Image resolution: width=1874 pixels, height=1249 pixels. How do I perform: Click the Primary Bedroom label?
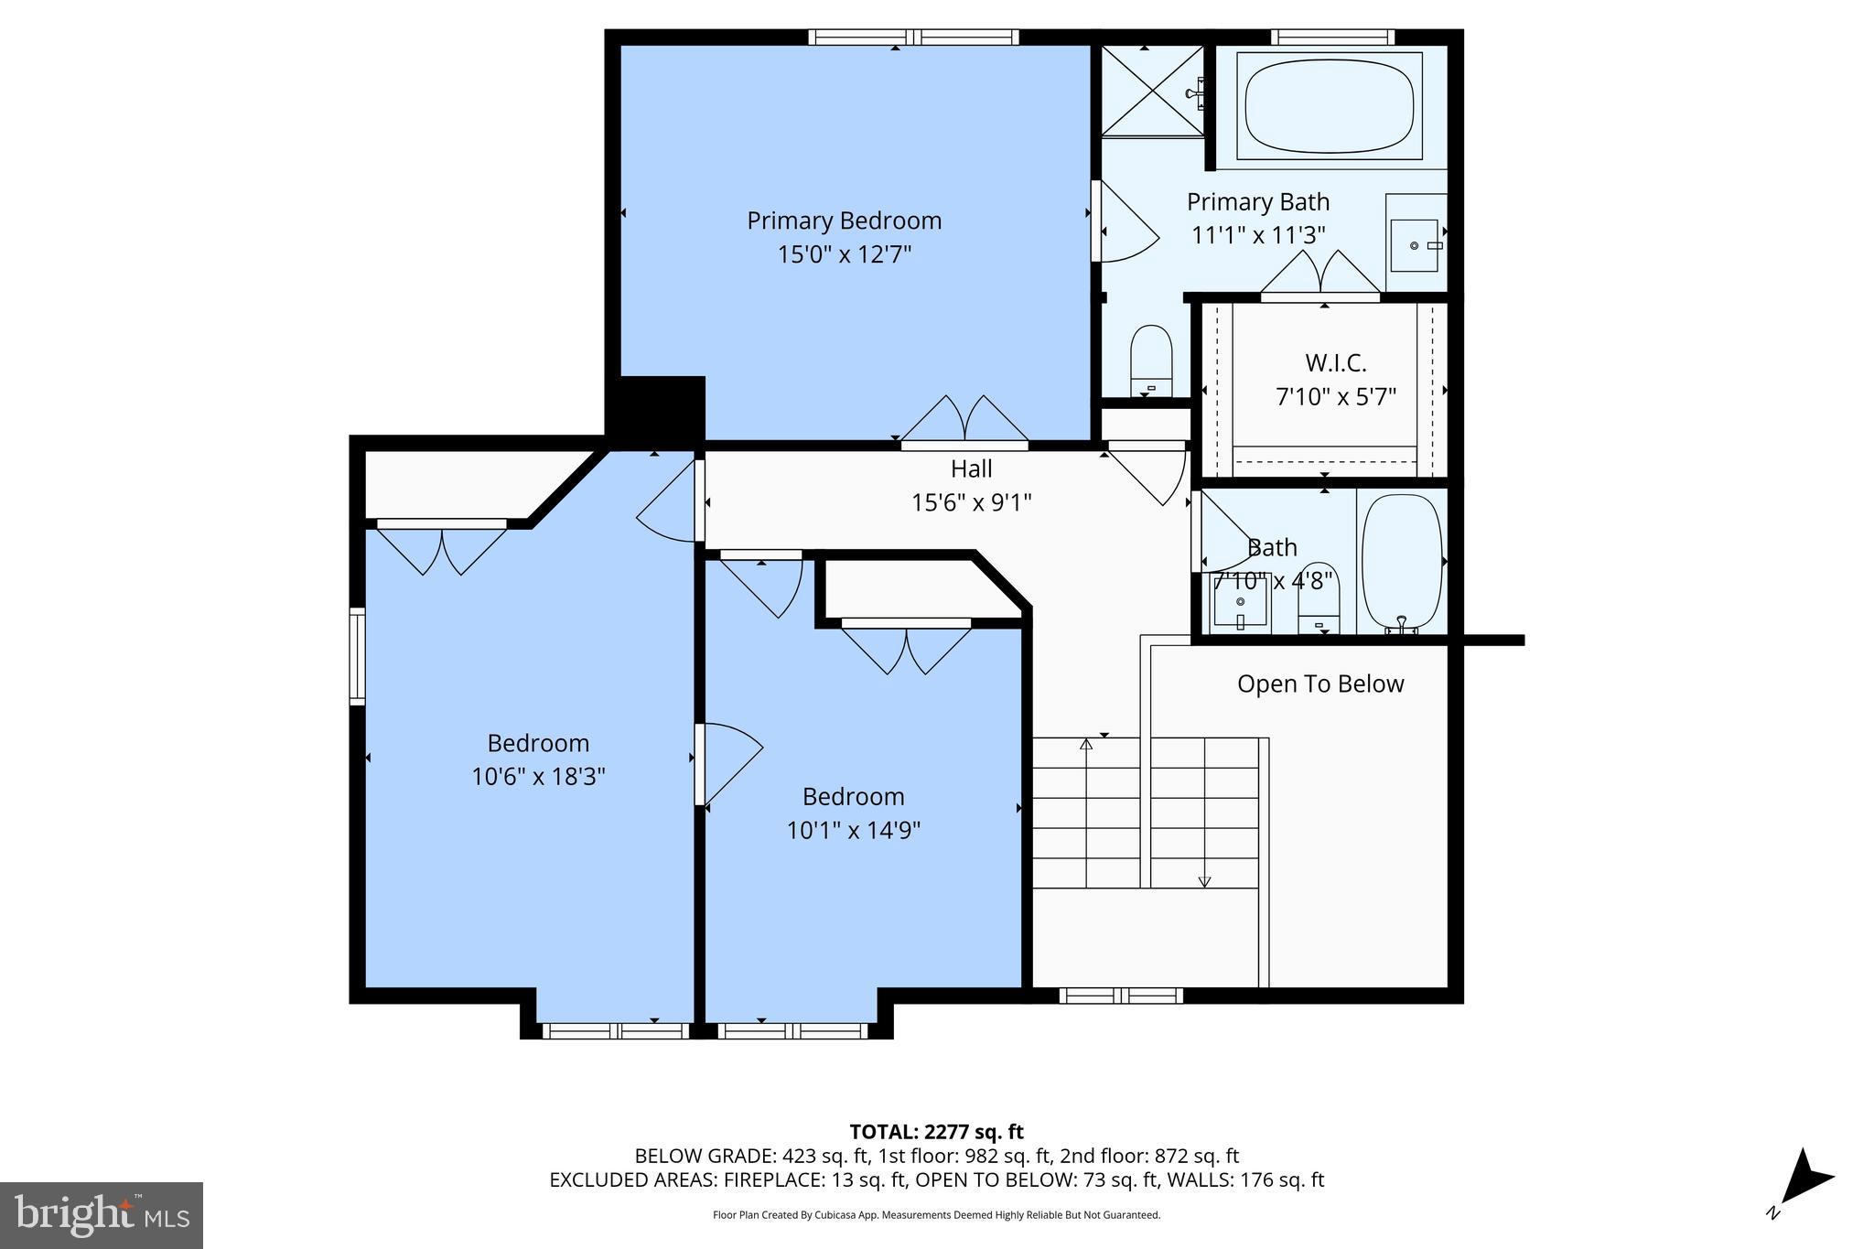(x=844, y=221)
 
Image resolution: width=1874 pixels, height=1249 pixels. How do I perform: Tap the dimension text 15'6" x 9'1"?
(x=971, y=502)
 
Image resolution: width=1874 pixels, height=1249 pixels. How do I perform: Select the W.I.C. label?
(x=1335, y=363)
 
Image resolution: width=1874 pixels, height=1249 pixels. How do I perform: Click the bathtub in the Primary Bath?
(x=1330, y=103)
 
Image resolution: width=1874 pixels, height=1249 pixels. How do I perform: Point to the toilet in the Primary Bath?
(x=1151, y=360)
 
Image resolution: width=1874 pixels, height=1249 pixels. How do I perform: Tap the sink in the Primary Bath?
(x=1415, y=244)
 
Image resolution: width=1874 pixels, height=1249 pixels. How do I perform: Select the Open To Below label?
(x=1319, y=684)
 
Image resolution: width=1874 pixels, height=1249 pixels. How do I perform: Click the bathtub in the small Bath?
(x=1401, y=561)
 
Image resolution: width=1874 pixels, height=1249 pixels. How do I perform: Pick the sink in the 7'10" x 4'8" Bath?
(x=1241, y=602)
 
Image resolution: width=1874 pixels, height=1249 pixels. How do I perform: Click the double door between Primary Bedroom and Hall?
(x=964, y=423)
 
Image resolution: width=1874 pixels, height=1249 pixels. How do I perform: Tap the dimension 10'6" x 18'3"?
(x=538, y=777)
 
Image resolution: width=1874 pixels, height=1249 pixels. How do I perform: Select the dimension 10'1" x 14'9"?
(x=853, y=830)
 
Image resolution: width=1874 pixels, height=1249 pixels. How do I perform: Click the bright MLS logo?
(x=102, y=1215)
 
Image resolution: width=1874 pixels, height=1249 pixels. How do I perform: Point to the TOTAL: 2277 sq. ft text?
(x=936, y=1132)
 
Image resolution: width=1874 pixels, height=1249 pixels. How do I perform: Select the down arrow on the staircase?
(x=1204, y=880)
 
